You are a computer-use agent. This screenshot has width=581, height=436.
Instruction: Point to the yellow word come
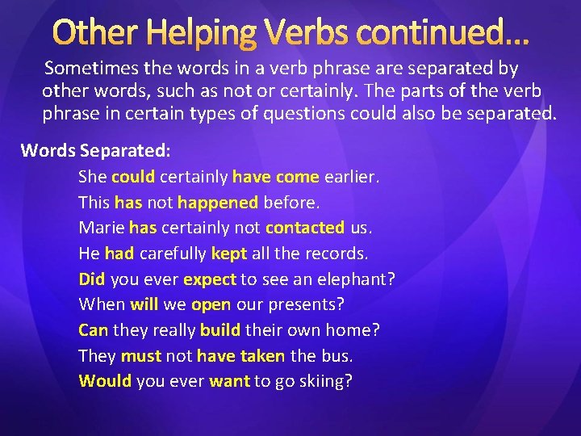[x=298, y=177]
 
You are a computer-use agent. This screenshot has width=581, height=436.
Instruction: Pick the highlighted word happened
[x=218, y=203]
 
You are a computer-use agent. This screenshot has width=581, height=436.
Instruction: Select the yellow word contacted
[x=305, y=228]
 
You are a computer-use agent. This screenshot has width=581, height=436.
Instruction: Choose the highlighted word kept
[x=229, y=254]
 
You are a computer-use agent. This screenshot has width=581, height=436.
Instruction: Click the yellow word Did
[x=92, y=279]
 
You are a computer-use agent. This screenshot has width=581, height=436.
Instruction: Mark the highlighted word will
[x=144, y=305]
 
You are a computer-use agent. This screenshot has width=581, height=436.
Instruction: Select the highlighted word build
[x=220, y=330]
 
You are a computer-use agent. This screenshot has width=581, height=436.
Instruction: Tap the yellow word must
[x=140, y=356]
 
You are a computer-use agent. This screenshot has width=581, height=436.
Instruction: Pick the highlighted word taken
[x=262, y=356]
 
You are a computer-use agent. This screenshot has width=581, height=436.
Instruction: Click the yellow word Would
[x=105, y=381]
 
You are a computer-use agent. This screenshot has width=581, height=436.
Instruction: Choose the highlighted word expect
[x=210, y=280]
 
